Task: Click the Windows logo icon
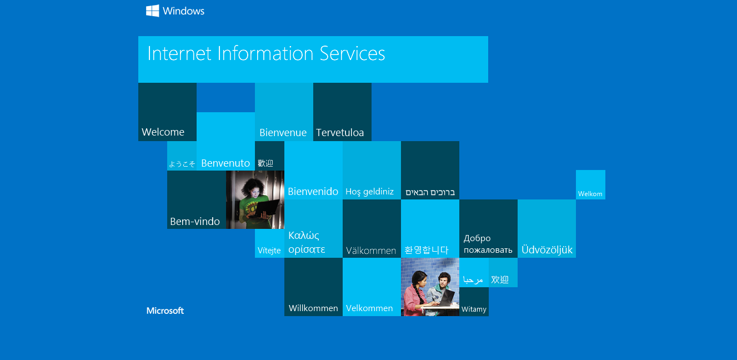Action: [x=152, y=11]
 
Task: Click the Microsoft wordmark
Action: [x=165, y=311]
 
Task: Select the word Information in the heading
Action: [x=265, y=53]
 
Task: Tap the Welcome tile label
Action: [x=163, y=132]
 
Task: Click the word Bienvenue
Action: [x=283, y=133]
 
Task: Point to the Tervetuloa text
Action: [x=340, y=133]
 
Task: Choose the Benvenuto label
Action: [x=225, y=163]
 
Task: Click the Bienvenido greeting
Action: [x=313, y=192]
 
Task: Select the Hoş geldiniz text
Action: [x=369, y=192]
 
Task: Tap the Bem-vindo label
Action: [x=195, y=222]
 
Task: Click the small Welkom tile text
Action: [x=590, y=194]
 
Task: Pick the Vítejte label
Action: [x=269, y=251]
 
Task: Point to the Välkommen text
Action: [x=371, y=251]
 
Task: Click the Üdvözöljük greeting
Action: [x=547, y=249]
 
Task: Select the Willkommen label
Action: [x=313, y=308]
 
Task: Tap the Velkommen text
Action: [x=369, y=308]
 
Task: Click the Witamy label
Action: [x=474, y=309]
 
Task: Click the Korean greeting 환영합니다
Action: [x=427, y=250]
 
